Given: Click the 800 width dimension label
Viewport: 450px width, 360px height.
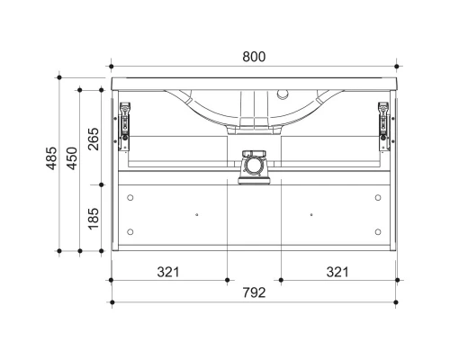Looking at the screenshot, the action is (254, 57).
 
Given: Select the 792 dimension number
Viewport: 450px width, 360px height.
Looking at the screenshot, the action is (254, 292).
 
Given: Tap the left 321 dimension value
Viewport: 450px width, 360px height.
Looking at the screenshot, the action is (168, 272).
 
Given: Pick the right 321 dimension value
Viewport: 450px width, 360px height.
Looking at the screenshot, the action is (337, 272).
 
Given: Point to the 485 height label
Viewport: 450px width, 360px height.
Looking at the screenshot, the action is (51, 158).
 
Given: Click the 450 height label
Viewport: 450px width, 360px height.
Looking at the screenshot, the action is (72, 158).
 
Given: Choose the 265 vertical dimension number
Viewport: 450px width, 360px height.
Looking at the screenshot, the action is (94, 139).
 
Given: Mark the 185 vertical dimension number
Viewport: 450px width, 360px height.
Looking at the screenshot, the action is (94, 219).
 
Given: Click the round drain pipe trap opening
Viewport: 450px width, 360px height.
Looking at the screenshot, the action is (254, 166).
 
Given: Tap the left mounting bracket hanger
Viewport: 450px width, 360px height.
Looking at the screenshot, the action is (124, 126).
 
